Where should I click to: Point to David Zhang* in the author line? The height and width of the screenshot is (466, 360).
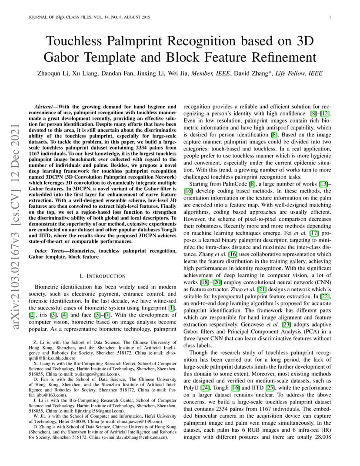tap(253, 73)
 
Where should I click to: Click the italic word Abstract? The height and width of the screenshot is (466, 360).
tap(46, 107)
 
